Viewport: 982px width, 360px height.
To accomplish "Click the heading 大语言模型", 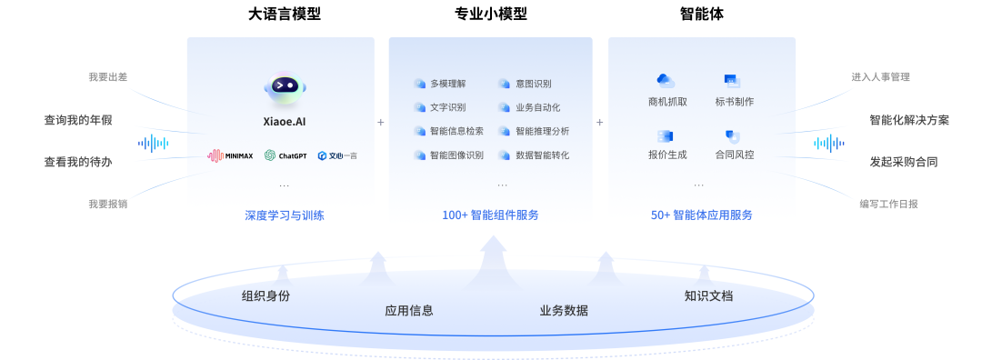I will [284, 15].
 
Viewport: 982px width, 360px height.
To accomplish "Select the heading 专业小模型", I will [490, 15].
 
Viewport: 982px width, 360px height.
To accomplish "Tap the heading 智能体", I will [701, 15].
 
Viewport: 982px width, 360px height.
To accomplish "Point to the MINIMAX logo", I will [231, 155].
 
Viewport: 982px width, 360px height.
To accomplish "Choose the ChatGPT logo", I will [286, 155].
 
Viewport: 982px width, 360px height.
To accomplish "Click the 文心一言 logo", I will [337, 155].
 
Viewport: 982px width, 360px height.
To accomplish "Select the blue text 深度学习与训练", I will [284, 215].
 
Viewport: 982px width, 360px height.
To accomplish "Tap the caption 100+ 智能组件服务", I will [490, 215].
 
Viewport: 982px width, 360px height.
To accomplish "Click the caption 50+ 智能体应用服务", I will [701, 215].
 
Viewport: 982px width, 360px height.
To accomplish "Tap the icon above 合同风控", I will [733, 136].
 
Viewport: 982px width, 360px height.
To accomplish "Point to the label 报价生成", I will [666, 155].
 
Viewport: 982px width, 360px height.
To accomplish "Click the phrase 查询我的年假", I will [78, 120].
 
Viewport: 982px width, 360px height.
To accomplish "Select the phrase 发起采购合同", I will [903, 162].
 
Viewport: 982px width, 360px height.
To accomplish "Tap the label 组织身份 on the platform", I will [266, 295].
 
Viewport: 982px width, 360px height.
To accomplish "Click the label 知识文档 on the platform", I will [707, 295].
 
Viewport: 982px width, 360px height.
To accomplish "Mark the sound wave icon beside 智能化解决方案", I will [828, 143].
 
